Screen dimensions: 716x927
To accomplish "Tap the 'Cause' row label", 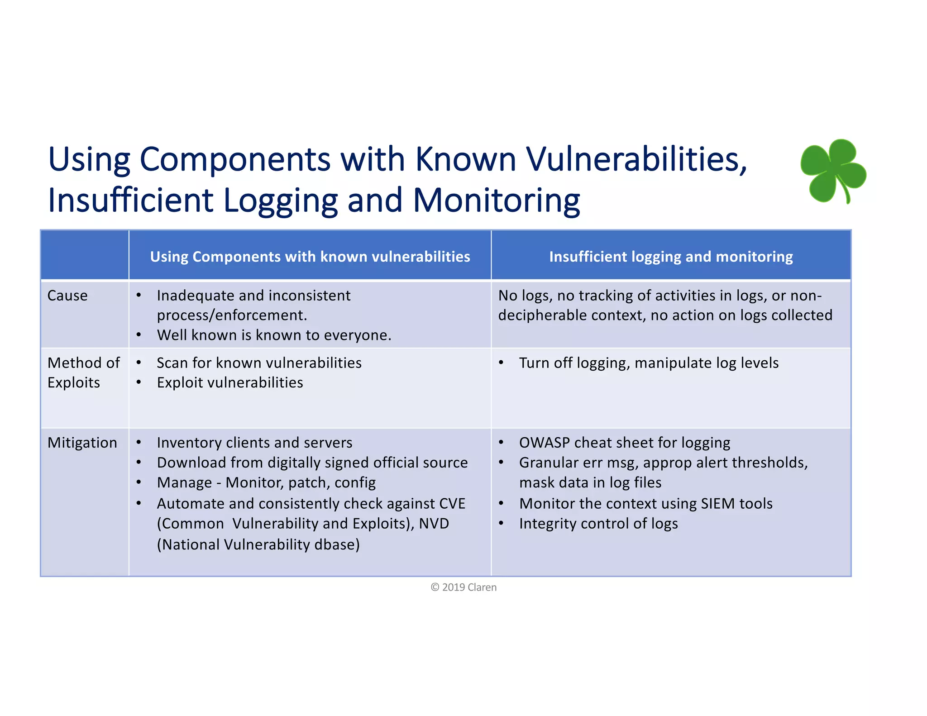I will click(x=67, y=296).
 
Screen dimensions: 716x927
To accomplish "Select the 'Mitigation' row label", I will click(x=82, y=443).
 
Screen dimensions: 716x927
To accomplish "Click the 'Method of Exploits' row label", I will click(x=83, y=372).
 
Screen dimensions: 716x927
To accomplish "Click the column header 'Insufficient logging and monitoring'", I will click(x=671, y=257).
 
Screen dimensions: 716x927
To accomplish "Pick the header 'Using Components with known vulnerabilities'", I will click(x=310, y=257).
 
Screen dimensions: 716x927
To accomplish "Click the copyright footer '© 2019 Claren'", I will click(x=463, y=587).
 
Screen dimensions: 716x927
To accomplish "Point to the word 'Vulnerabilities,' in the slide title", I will click(x=636, y=159).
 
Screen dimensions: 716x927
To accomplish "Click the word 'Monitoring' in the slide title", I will click(x=496, y=200).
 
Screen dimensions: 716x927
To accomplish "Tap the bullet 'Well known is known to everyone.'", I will click(x=274, y=335).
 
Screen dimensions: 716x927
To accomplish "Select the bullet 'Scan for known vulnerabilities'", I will click(x=259, y=363).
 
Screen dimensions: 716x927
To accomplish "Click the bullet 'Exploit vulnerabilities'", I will click(x=230, y=383).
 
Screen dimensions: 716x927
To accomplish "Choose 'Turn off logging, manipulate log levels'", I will click(x=649, y=363).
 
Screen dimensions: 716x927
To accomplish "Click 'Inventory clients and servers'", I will click(x=254, y=443).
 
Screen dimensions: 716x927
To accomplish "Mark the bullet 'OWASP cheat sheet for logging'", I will click(x=625, y=443).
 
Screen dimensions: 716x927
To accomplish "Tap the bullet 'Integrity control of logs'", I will click(x=598, y=524).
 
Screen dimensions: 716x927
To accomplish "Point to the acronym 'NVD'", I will click(x=434, y=524).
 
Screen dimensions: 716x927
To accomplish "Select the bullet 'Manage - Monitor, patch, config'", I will click(x=266, y=483).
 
